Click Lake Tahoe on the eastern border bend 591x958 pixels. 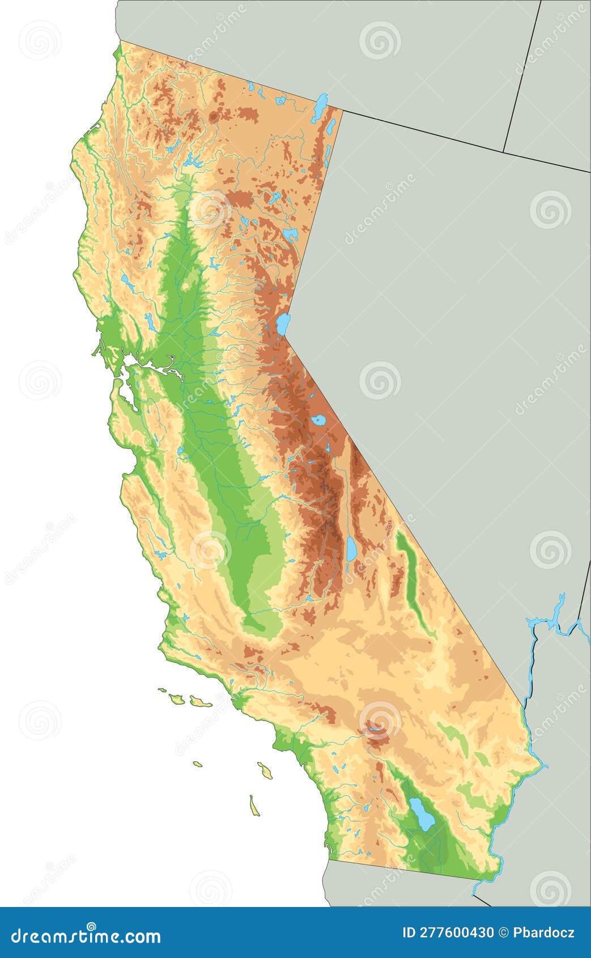coord(283,324)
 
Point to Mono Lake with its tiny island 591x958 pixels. coord(318,421)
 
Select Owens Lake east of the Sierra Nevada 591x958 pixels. coord(352,548)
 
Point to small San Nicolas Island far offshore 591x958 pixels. coord(197,764)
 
